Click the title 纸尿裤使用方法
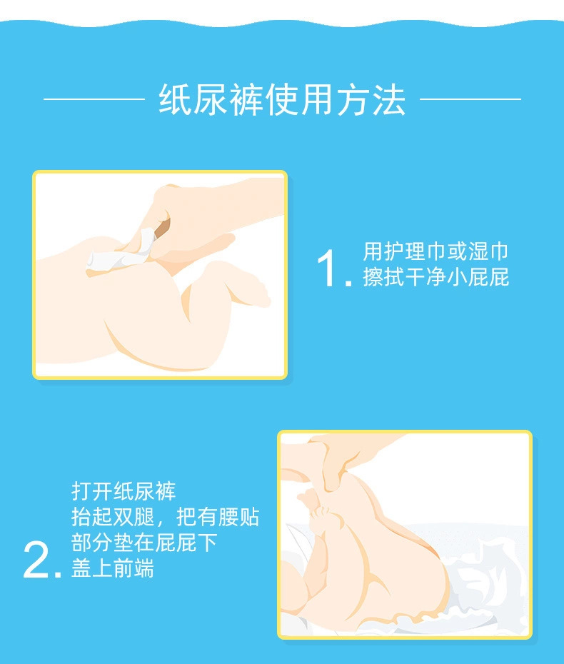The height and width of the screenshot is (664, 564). pos(282,99)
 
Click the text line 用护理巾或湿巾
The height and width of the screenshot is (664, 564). pos(435,251)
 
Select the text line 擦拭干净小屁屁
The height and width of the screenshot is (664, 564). pos(435,277)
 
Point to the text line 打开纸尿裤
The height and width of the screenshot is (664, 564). pos(124,491)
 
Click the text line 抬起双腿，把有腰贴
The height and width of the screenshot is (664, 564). pos(165,517)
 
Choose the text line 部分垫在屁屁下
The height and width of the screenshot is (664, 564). pos(144,543)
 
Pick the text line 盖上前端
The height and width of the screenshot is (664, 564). pos(113,568)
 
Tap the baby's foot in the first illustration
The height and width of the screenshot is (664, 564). pos(239,283)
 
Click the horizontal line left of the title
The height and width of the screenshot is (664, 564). pos(94,99)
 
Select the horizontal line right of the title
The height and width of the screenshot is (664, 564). pos(470,99)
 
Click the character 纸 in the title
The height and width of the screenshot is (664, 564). pos(176,100)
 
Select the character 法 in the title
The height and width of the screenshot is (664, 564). pos(388,100)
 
